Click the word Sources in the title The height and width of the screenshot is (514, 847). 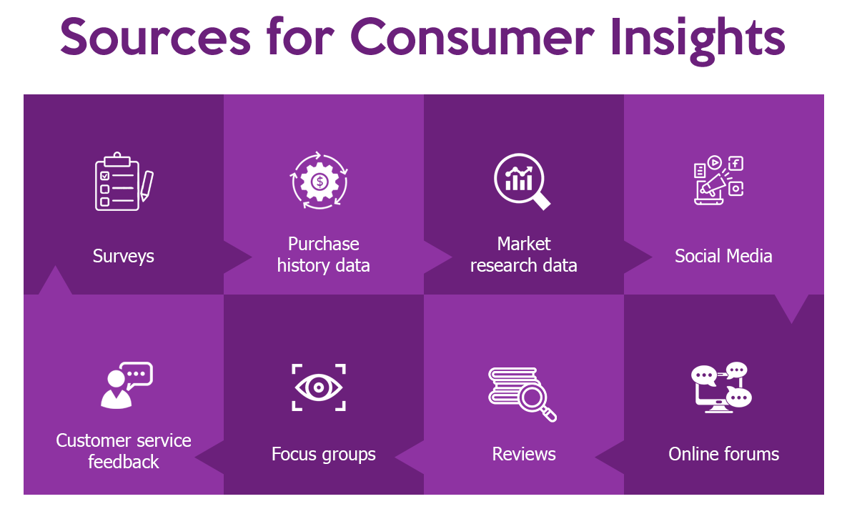[x=155, y=39]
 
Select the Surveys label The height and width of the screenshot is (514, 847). [x=124, y=256]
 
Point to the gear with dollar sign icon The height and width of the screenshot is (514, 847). [x=320, y=181]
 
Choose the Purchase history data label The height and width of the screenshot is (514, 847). [x=324, y=254]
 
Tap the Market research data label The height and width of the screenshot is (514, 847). [x=524, y=254]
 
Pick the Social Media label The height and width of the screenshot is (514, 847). [x=723, y=256]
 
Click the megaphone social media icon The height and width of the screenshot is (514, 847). [x=719, y=180]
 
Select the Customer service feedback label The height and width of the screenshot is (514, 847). [x=124, y=451]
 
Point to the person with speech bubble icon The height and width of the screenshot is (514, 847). [x=126, y=385]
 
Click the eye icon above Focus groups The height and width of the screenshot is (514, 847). [x=319, y=387]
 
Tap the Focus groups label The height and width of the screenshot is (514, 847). [x=324, y=454]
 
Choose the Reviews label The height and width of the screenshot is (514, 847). [x=524, y=454]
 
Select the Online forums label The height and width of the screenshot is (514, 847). [x=723, y=454]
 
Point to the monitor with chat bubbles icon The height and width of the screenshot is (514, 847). [x=721, y=387]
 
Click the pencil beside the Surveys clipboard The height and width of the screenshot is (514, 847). [x=147, y=184]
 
